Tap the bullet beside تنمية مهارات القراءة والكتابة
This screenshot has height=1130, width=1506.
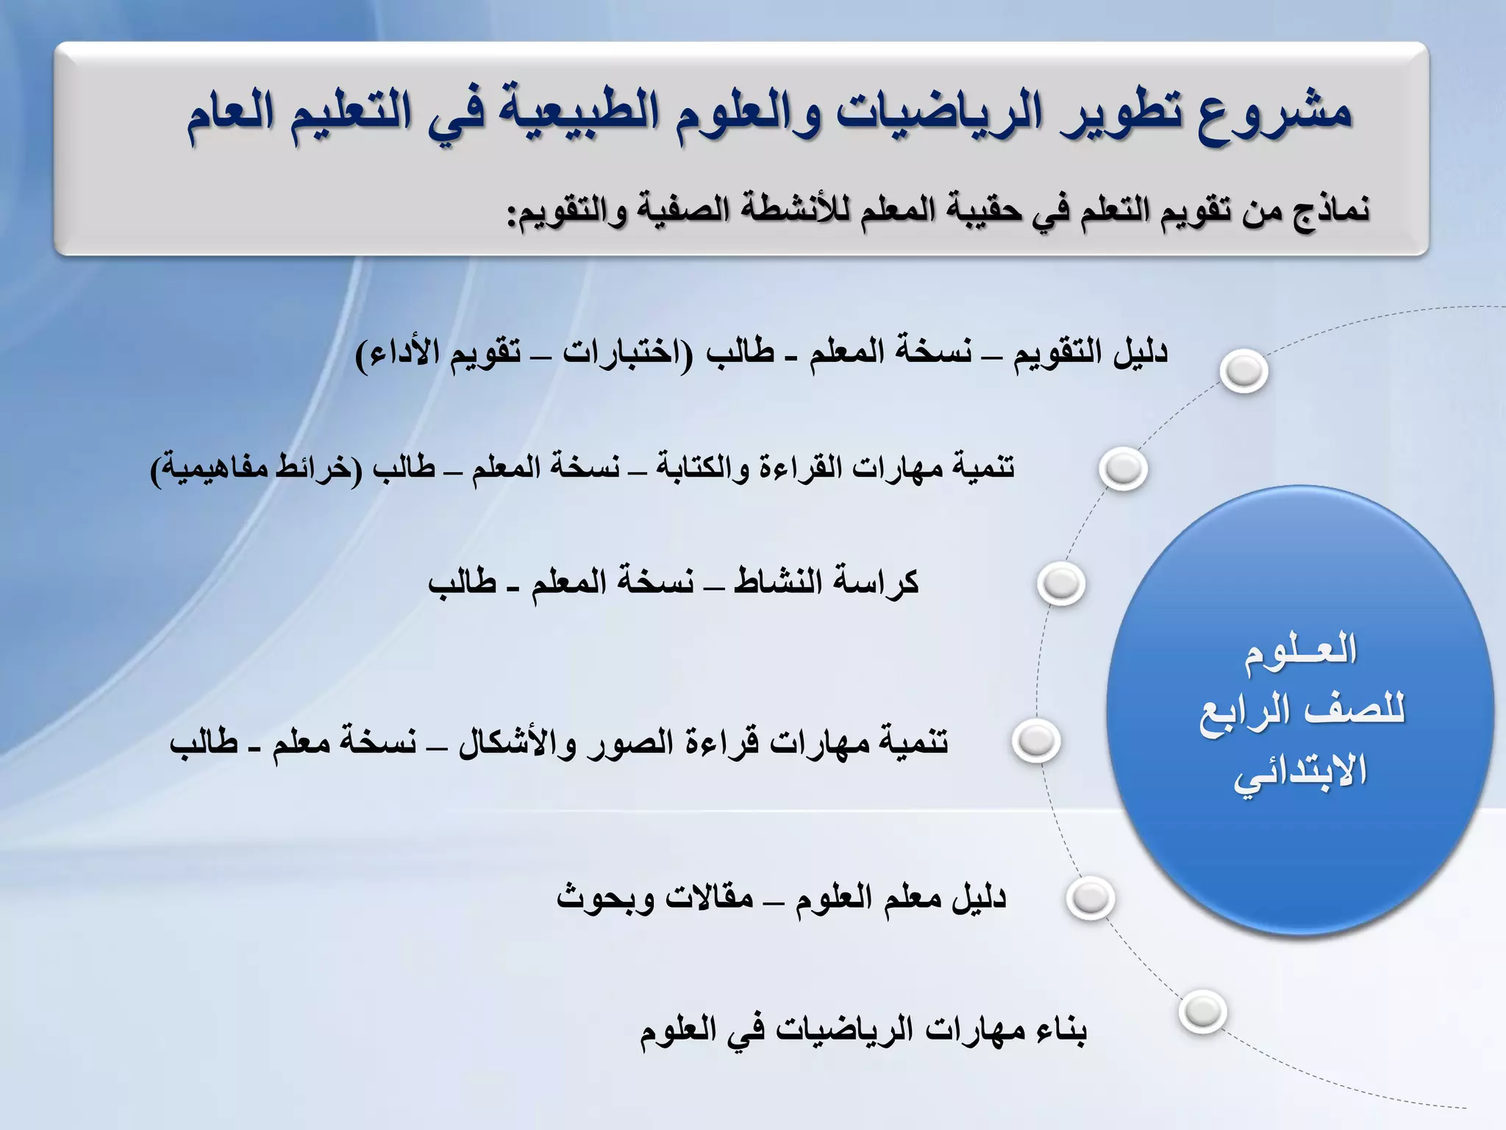(1123, 469)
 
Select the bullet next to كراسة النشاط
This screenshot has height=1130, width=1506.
(1061, 583)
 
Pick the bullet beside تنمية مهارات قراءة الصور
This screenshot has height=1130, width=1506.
(1035, 740)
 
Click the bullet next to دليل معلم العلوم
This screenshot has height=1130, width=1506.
(1091, 898)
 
